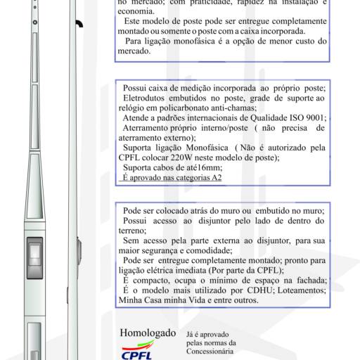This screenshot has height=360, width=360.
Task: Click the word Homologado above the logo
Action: [148, 331]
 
